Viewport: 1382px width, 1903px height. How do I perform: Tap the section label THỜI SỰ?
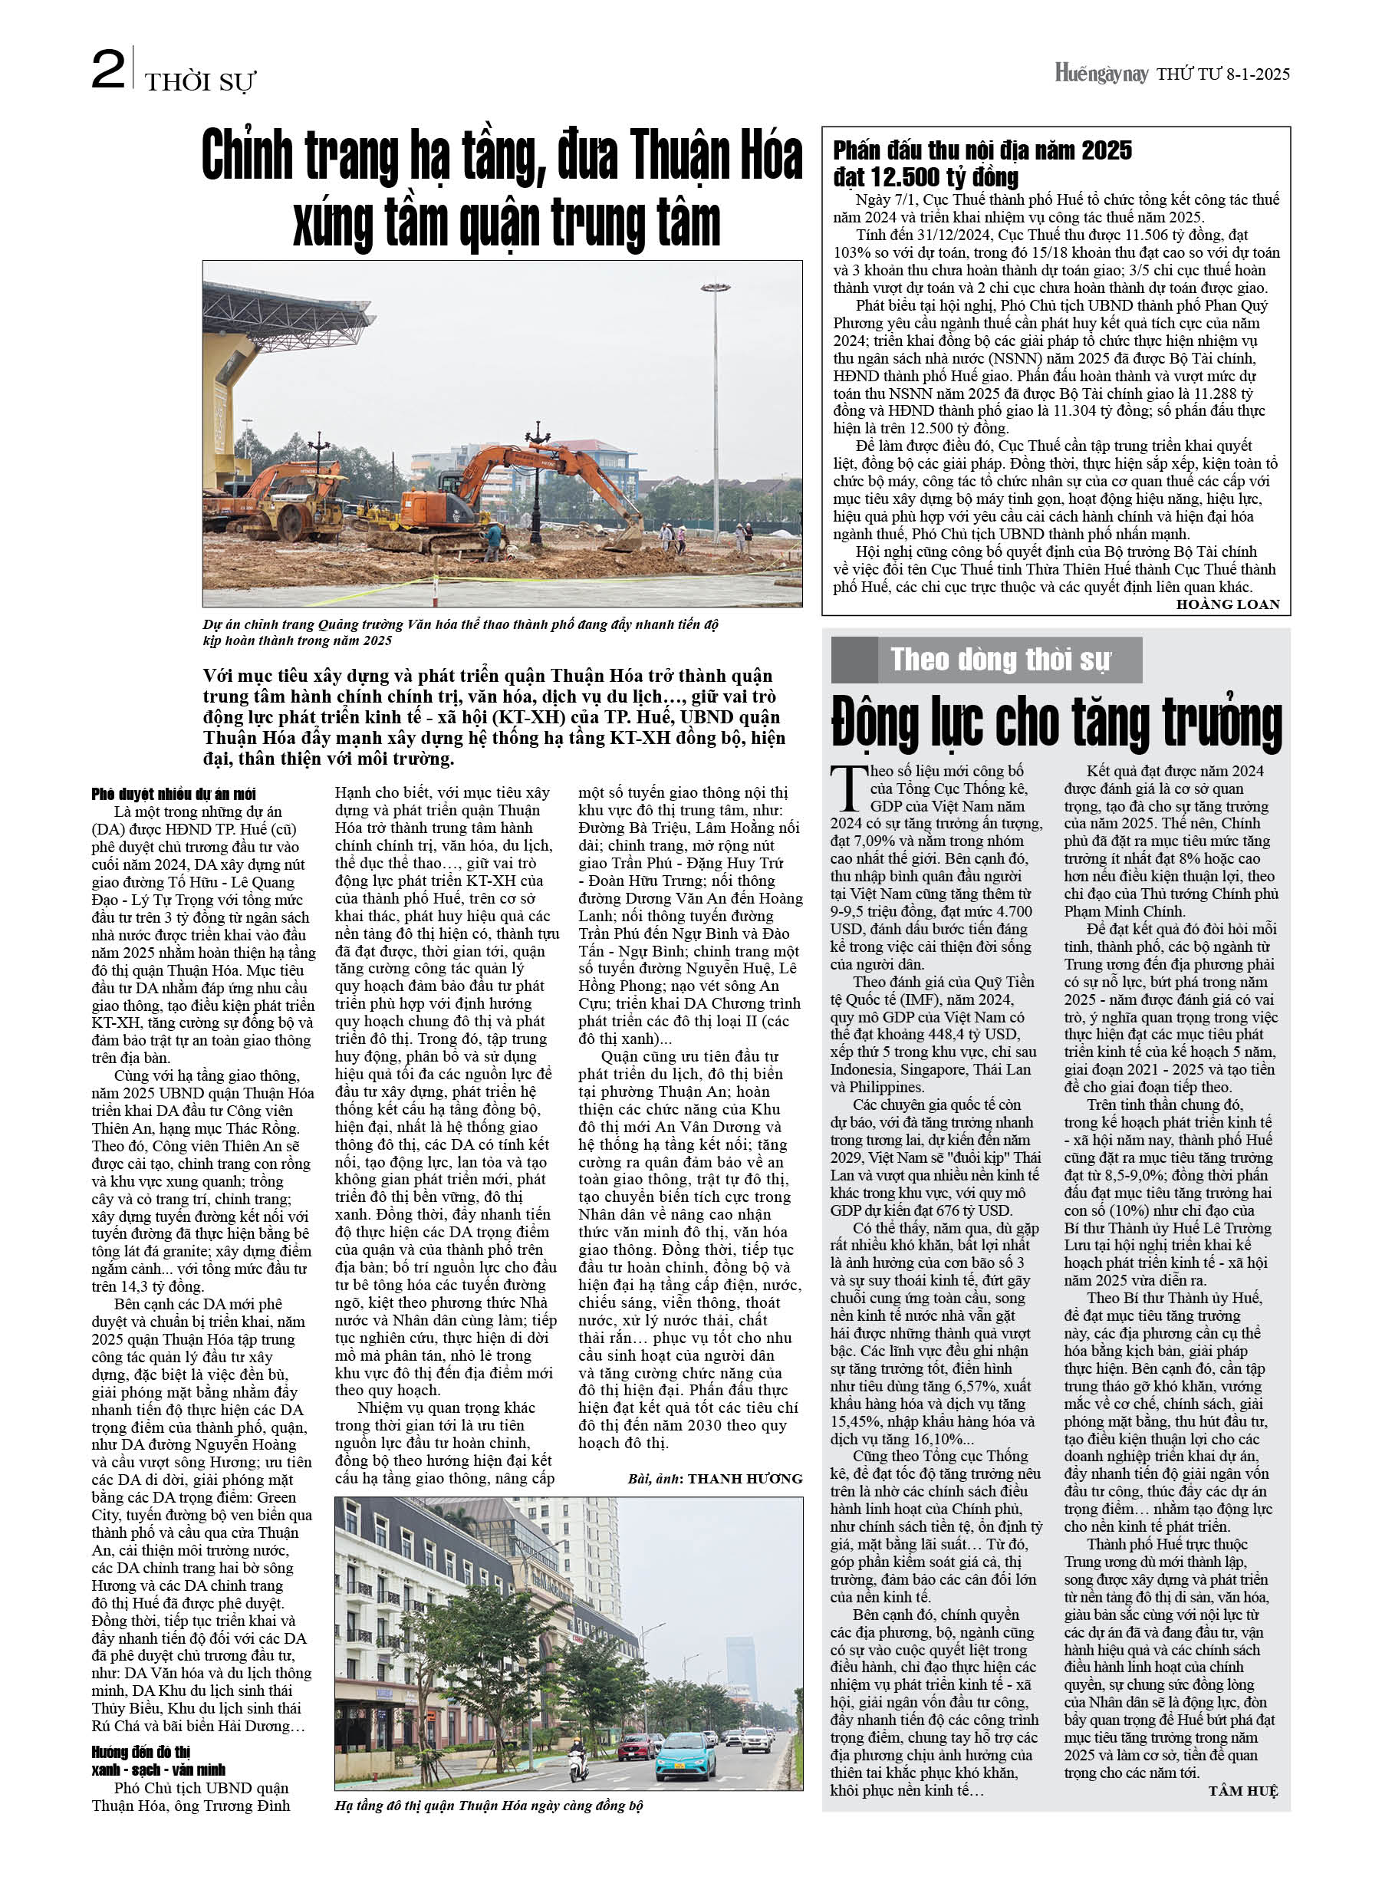pyautogui.click(x=199, y=82)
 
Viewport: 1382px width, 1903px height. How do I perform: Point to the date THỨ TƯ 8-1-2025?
pyautogui.click(x=1222, y=74)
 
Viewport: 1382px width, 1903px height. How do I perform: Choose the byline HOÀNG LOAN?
pyautogui.click(x=1227, y=604)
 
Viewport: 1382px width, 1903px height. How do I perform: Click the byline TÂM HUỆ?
pyautogui.click(x=1242, y=1792)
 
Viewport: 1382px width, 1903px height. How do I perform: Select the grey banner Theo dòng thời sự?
pyautogui.click(x=986, y=660)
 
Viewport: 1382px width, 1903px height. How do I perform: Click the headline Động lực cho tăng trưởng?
pyautogui.click(x=1055, y=722)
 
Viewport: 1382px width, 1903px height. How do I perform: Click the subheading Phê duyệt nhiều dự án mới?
pyautogui.click(x=173, y=794)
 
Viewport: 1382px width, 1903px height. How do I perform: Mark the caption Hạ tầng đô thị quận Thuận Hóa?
pyautogui.click(x=488, y=1806)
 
